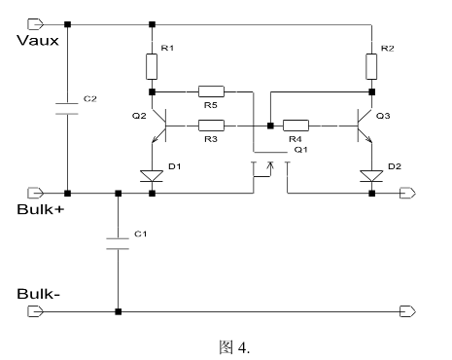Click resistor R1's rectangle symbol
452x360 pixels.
click(x=153, y=66)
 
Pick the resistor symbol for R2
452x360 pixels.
click(x=371, y=66)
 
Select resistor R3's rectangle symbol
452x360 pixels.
click(x=211, y=126)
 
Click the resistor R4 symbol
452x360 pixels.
click(x=296, y=126)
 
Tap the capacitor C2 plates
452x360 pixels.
click(x=67, y=106)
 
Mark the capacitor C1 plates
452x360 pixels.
click(x=118, y=241)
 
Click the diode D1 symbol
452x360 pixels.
click(x=153, y=176)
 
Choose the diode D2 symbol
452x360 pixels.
click(x=371, y=176)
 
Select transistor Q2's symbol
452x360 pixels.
click(x=160, y=126)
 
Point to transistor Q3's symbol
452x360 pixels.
click(x=364, y=126)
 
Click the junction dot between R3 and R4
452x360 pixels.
click(x=268, y=126)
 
